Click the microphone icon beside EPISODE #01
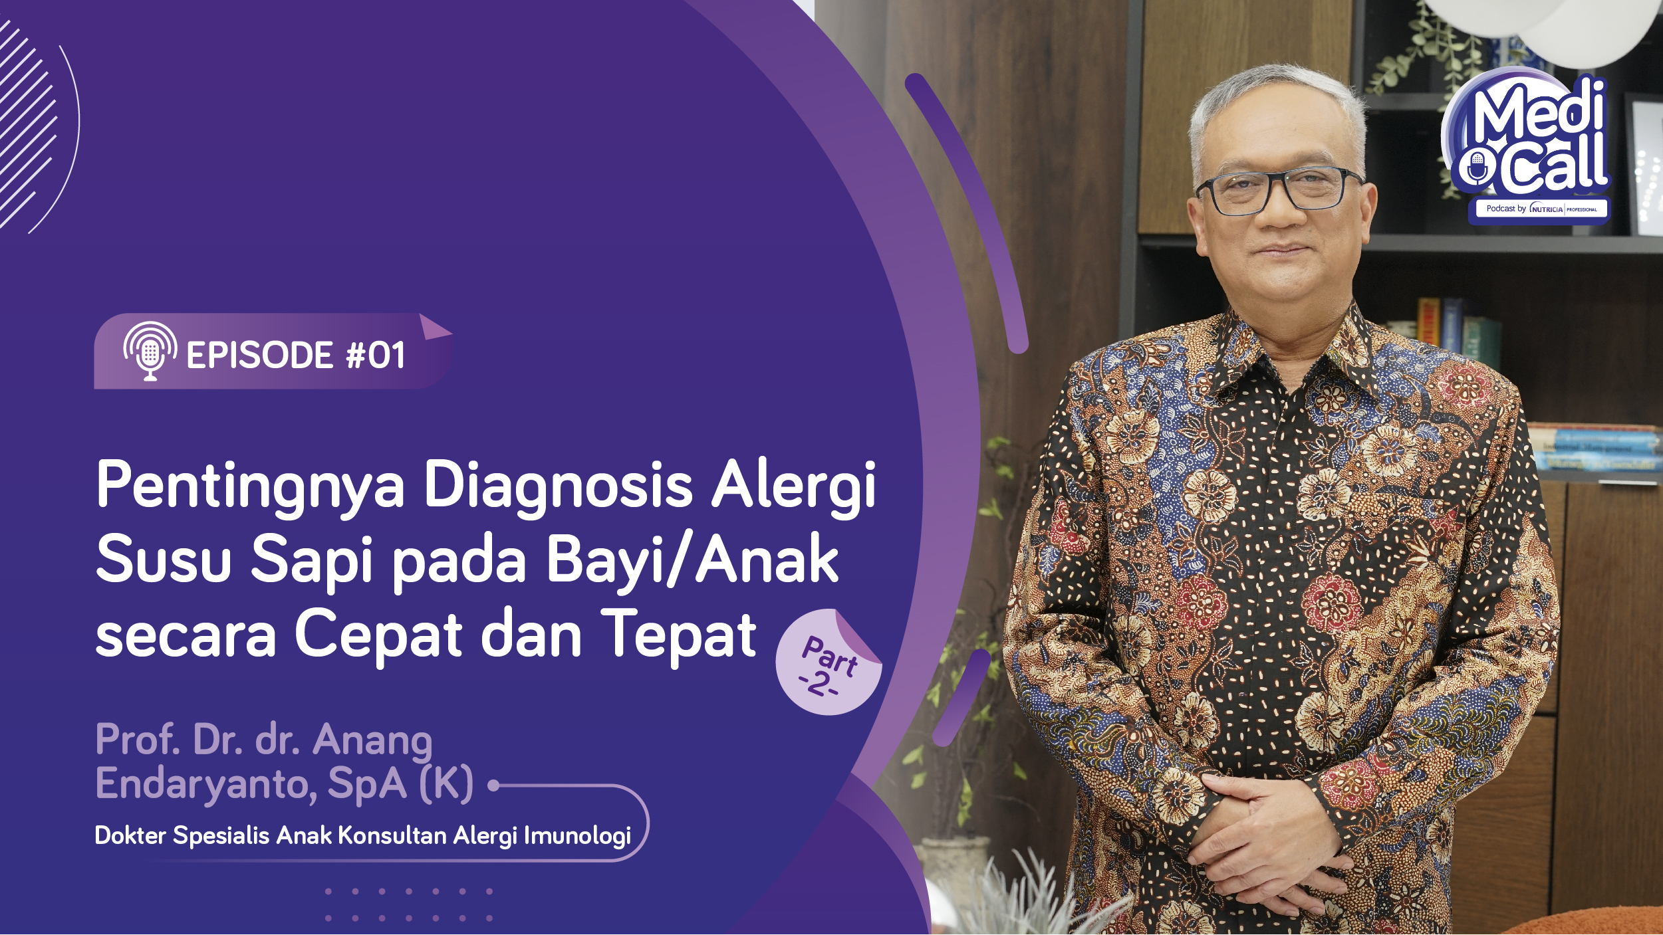coord(150,351)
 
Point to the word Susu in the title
coord(164,560)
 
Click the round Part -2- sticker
coord(829,663)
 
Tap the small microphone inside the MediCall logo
coord(1477,169)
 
